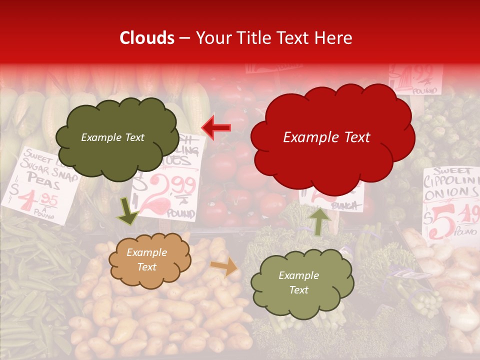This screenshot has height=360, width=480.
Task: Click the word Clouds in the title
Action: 147,38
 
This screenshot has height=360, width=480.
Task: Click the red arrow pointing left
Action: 216,127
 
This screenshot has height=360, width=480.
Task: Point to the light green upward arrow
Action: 319,220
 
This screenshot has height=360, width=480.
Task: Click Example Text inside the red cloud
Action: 326,137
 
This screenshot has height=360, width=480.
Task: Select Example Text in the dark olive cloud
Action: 112,137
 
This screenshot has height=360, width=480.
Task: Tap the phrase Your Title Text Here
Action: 273,38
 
